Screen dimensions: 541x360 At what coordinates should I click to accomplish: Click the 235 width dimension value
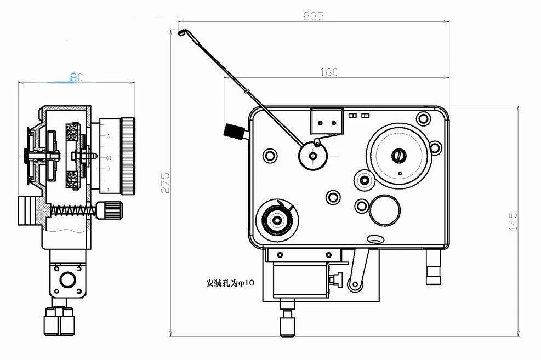coord(314,16)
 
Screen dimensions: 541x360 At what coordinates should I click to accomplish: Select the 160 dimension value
coord(328,72)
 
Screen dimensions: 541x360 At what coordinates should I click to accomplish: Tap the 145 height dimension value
coord(513,221)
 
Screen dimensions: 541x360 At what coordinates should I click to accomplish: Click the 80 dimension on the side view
coord(76,77)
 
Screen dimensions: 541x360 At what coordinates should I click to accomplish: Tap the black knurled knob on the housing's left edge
coord(234,132)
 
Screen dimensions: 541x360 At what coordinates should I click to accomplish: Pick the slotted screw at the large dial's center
coord(398,156)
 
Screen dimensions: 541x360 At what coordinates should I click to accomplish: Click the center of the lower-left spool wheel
coord(277,220)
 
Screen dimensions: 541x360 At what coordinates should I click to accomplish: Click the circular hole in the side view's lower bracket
coord(68,280)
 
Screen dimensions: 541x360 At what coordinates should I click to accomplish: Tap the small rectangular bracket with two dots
coord(327,121)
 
